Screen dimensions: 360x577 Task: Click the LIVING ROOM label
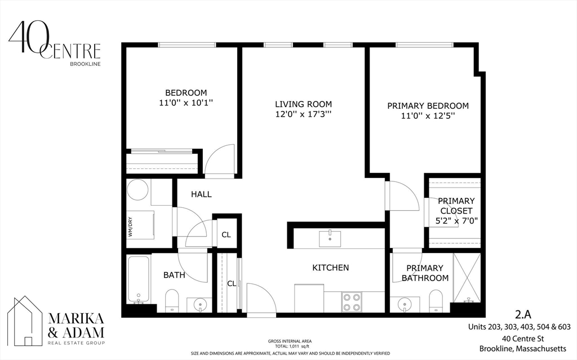tap(303, 104)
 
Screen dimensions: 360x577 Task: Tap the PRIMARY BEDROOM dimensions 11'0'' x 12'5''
tap(428, 116)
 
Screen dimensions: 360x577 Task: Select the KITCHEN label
tap(331, 268)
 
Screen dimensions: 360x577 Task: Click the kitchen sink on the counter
tap(329, 238)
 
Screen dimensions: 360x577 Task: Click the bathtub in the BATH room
tap(139, 279)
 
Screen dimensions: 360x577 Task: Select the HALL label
tap(201, 194)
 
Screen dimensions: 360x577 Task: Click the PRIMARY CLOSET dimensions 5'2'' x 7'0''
tap(456, 221)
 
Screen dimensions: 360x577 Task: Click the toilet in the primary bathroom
tap(436, 300)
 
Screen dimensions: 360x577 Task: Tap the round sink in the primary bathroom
tap(405, 305)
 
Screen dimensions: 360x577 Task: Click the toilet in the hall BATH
tap(172, 300)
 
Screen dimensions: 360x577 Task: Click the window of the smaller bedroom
tap(187, 45)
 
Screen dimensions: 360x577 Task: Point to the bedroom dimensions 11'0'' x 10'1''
tap(185, 103)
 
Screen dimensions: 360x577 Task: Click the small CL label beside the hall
tap(225, 235)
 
